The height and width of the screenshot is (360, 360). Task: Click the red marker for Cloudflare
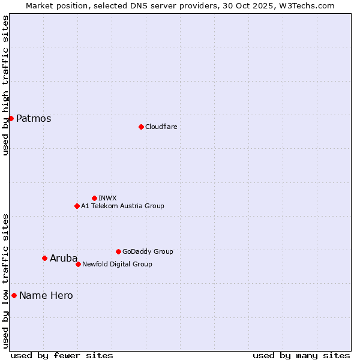141,127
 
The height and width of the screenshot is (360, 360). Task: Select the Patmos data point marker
11,118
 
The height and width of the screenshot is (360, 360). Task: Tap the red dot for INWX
94,198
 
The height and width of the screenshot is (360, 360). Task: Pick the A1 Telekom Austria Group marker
77,206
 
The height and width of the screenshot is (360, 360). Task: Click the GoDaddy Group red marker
118,251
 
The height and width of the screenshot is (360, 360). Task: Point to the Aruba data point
44,258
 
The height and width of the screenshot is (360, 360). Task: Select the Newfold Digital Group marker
78,264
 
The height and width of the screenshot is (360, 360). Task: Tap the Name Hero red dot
14,295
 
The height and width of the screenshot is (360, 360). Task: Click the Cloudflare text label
161,127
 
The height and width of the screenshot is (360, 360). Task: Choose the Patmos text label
34,118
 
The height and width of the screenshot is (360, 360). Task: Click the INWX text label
107,198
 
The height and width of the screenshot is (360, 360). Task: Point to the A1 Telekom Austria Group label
122,206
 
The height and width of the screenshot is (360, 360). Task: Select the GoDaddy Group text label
148,251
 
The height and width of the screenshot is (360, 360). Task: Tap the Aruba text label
64,258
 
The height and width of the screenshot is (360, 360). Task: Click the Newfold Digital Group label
117,264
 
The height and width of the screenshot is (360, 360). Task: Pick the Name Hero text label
46,295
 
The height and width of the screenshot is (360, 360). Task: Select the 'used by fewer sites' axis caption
62,355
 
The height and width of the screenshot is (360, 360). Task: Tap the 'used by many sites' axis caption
301,355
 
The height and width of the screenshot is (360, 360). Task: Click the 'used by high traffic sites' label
5,85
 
